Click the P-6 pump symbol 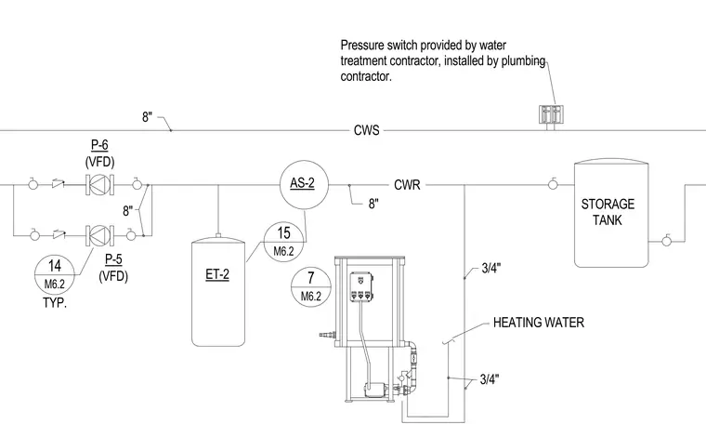[x=100, y=185]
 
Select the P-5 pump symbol [x=100, y=235]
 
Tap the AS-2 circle [x=304, y=185]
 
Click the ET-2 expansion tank [x=218, y=290]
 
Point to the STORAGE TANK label [x=608, y=212]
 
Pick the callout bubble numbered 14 [x=55, y=274]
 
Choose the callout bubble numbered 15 [x=283, y=242]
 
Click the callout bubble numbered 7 [x=311, y=287]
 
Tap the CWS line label [x=367, y=131]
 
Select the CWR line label [x=407, y=185]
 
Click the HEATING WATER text [x=539, y=323]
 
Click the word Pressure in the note [x=361, y=46]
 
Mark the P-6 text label [x=100, y=145]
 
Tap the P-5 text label [x=113, y=259]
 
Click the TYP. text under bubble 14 [x=55, y=303]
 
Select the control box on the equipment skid [x=362, y=287]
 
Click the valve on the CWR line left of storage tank [x=553, y=184]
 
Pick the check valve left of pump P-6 [x=59, y=184]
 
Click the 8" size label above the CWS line [x=147, y=117]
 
